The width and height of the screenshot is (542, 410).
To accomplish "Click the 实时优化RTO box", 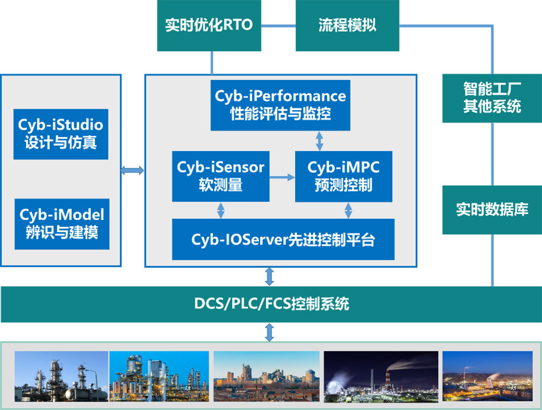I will tap(209, 25).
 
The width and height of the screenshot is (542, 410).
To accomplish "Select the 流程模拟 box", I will tap(347, 25).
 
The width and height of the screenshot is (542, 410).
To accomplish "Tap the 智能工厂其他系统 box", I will tap(491, 98).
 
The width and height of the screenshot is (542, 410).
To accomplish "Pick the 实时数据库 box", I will tap(491, 209).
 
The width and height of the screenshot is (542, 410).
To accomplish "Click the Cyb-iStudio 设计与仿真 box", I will tap(61, 134).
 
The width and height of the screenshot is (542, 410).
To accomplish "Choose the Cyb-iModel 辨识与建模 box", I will tap(62, 223).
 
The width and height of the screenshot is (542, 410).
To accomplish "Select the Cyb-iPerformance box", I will tap(280, 105).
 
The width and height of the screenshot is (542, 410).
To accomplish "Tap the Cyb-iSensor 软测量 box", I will tap(220, 176).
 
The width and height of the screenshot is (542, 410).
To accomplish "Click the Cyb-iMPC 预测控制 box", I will tap(343, 176).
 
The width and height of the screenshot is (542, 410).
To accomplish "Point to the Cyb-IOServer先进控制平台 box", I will tap(283, 239).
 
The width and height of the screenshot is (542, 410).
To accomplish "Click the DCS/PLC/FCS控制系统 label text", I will tap(272, 303).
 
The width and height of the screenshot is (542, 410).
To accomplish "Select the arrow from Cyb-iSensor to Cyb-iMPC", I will tap(282, 177).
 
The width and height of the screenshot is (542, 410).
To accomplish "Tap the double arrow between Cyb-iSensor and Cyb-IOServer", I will tap(221, 210).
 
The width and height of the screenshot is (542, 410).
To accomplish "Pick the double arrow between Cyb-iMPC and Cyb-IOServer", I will tap(348, 210).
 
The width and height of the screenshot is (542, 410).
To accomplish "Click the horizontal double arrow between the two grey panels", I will tap(133, 171).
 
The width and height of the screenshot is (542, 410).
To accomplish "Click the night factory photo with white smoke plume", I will tap(381, 376).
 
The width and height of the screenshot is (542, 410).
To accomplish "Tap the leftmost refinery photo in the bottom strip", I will tap(61, 376).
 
